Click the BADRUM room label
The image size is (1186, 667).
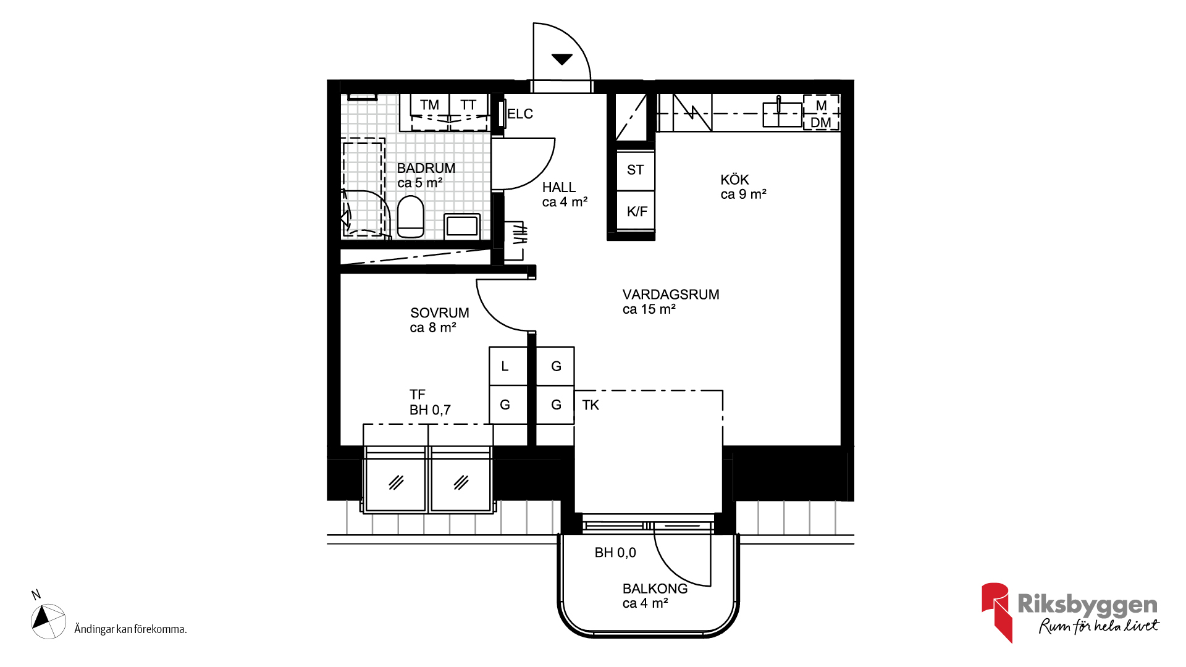point(426,168)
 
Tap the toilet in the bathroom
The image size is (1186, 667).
point(411,217)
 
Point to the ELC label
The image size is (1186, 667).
point(520,114)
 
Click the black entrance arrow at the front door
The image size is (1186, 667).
point(561,59)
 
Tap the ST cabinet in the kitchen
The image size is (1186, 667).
point(636,170)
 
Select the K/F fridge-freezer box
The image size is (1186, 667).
point(636,211)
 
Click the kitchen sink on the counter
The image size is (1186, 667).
point(782,114)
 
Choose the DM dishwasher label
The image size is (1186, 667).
point(821,122)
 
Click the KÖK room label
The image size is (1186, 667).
point(734,180)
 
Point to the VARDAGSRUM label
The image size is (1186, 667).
point(671,295)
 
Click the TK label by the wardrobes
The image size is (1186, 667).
point(591,405)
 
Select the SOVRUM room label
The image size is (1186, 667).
point(440,313)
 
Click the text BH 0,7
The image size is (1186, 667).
point(430,410)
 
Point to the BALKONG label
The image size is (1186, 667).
point(655,589)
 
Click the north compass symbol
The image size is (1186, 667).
point(48,621)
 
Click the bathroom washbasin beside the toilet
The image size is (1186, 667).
point(462,225)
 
